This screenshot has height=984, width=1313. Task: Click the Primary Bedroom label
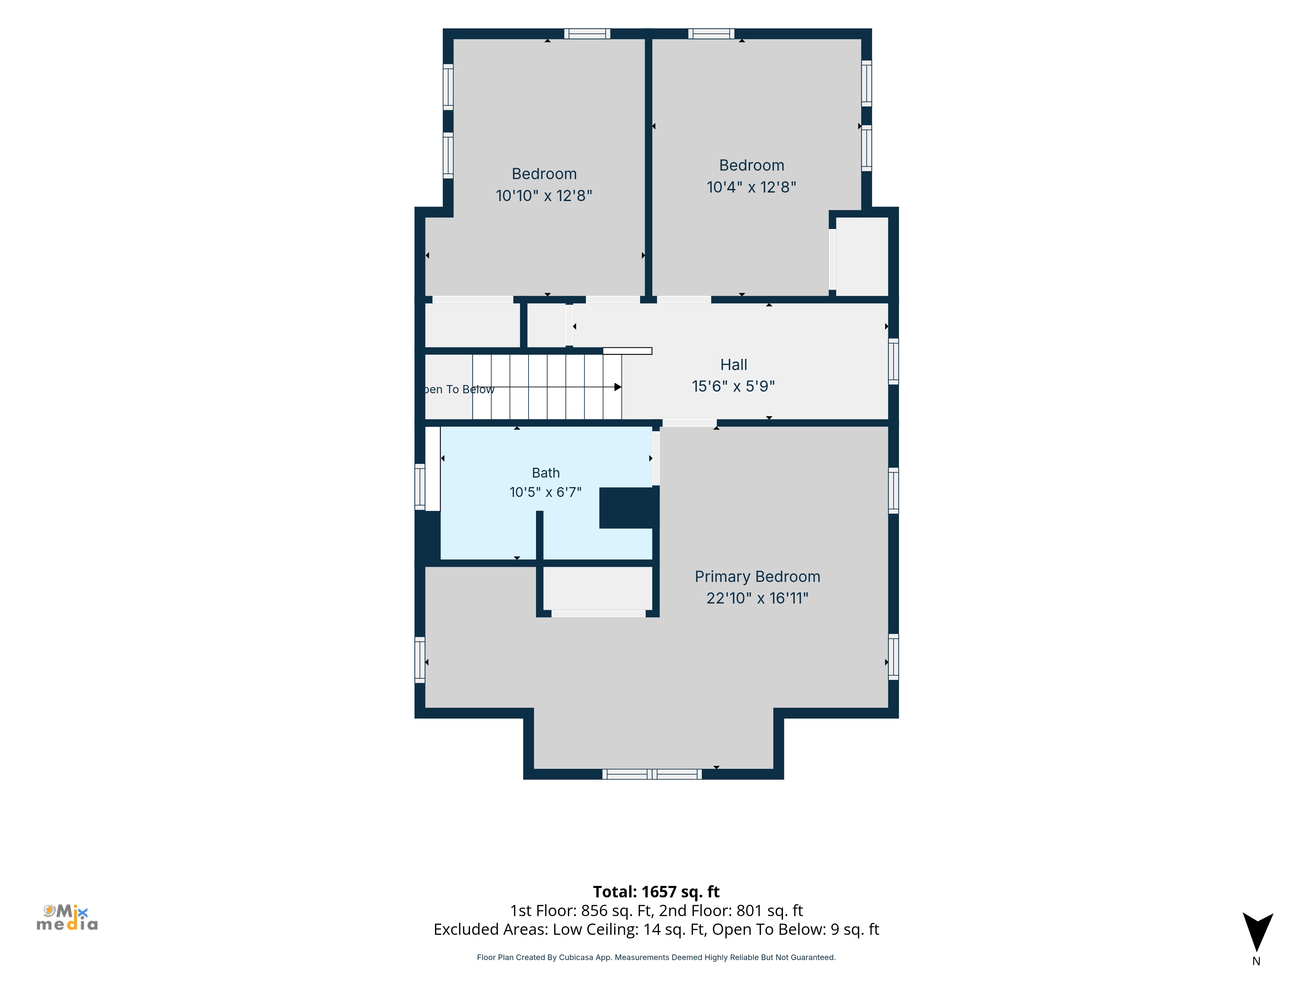(757, 577)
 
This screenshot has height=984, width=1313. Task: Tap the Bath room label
(546, 473)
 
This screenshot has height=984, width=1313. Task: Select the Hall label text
(734, 365)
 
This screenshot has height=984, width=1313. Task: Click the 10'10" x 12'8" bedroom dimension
(544, 196)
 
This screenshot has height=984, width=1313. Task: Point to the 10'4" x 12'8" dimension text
(751, 187)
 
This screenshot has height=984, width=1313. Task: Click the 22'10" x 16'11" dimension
(757, 598)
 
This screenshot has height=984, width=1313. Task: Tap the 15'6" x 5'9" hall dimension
(734, 386)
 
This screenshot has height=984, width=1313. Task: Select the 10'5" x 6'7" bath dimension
(546, 492)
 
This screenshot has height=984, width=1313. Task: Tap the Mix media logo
(67, 917)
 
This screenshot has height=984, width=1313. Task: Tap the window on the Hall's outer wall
(893, 362)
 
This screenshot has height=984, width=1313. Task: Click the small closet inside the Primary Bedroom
(598, 588)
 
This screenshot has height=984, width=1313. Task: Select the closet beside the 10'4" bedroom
(862, 256)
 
